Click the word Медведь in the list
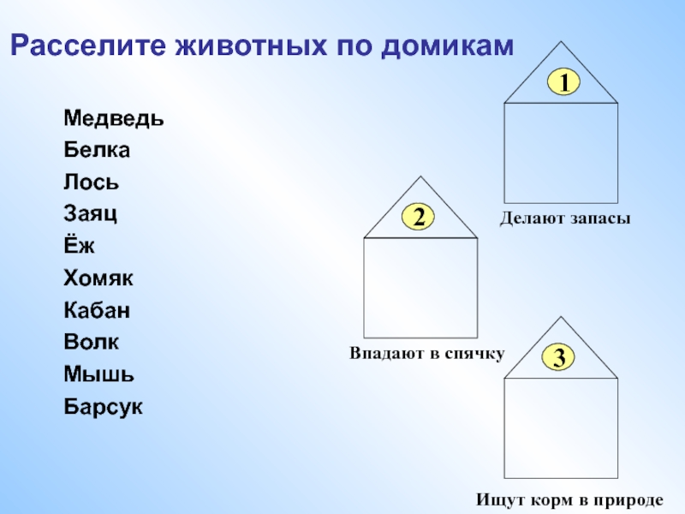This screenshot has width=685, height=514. point(113,118)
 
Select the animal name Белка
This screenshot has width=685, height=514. point(96,150)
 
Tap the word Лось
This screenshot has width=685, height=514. point(91,182)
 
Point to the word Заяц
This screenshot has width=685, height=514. point(90,214)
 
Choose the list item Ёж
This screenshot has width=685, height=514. point(79,246)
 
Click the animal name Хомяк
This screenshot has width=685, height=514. point(98,278)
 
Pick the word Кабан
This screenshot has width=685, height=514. point(97,310)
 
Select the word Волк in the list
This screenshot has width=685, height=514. point(91,342)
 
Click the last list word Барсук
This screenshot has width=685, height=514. point(103,406)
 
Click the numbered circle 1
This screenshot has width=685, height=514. point(564,82)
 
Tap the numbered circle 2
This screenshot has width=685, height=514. point(419,218)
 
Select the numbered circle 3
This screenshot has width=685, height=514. point(559,357)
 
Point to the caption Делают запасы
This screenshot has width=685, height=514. point(565,219)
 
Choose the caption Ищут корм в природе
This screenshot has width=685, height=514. point(569,499)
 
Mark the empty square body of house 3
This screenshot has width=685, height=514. point(561,427)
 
